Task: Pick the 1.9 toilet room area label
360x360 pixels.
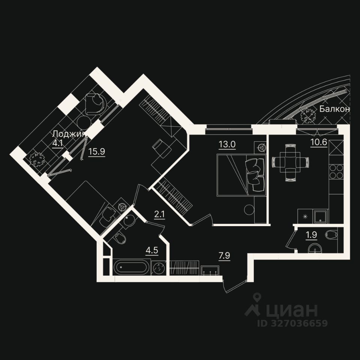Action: click(311, 235)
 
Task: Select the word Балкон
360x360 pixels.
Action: click(334, 109)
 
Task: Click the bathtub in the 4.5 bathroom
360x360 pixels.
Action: click(131, 268)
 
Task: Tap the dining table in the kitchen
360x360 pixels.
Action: click(291, 162)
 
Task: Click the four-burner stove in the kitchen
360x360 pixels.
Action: click(336, 172)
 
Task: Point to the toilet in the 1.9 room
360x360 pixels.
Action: click(331, 235)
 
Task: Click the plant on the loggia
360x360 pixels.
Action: click(37, 159)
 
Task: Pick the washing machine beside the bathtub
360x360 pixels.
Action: click(160, 268)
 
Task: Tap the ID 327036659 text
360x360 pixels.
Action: click(292, 323)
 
